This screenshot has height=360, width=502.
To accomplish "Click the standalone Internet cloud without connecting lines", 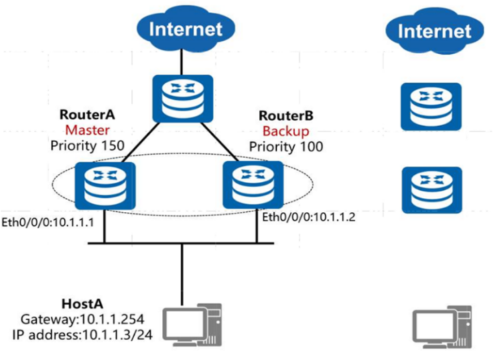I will [434, 31].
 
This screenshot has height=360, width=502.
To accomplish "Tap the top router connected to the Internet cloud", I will [182, 98].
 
